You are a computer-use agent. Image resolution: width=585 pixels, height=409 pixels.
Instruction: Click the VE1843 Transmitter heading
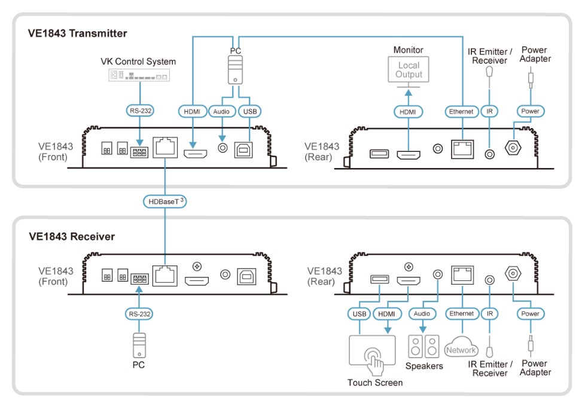(x=77, y=33)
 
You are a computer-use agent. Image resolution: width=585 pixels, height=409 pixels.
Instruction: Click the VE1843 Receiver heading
(x=72, y=236)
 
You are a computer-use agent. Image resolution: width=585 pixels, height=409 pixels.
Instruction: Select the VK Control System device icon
(x=139, y=75)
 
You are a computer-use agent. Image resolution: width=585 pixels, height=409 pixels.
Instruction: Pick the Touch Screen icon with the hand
(x=371, y=353)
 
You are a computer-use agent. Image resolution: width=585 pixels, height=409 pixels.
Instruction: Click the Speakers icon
(x=423, y=346)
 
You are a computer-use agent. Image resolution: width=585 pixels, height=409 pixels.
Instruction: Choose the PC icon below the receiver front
(x=138, y=345)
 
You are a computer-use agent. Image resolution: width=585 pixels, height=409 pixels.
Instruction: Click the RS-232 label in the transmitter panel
(x=139, y=111)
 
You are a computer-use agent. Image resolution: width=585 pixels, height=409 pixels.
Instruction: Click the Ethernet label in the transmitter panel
(x=461, y=111)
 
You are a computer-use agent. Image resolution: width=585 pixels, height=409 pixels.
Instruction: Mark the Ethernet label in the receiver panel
(x=461, y=313)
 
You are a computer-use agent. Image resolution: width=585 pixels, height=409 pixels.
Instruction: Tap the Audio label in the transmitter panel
(x=223, y=111)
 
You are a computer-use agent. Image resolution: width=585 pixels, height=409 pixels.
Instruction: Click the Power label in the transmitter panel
(x=530, y=111)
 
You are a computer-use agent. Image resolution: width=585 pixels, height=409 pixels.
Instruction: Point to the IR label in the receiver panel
(x=490, y=313)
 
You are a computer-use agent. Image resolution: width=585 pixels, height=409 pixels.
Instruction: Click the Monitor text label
(x=408, y=50)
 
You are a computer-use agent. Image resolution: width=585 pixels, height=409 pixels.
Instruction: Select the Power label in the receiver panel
(x=530, y=313)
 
